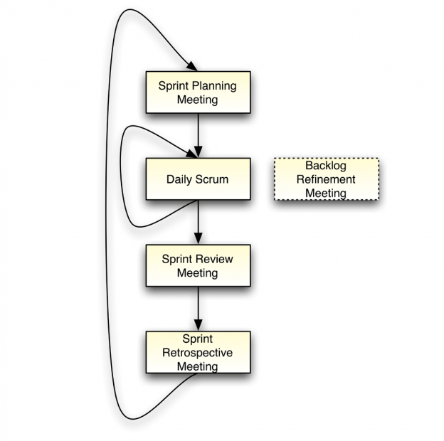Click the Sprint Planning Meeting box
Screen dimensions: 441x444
[198, 92]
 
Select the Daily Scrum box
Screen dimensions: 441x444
[198, 179]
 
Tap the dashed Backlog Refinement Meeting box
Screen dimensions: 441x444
[326, 179]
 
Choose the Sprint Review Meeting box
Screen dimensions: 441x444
[198, 266]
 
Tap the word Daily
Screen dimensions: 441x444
[180, 179]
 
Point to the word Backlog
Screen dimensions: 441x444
[326, 166]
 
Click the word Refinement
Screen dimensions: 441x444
[326, 179]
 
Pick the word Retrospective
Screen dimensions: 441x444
[198, 353]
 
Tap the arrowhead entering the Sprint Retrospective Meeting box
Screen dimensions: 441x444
[198, 326]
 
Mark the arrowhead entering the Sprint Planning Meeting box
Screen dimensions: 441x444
[191, 66]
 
